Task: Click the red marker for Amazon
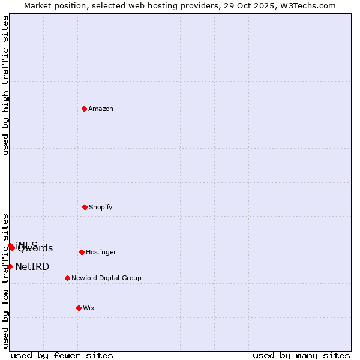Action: tap(85, 109)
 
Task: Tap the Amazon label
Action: tap(101, 109)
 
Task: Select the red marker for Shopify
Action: tap(85, 207)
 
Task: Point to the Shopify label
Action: tap(101, 208)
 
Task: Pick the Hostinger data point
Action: tap(82, 252)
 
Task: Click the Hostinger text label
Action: tap(101, 253)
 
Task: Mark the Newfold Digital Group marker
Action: tap(67, 278)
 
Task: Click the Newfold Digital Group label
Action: tap(106, 278)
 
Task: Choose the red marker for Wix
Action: tap(79, 308)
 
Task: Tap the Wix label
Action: tap(89, 308)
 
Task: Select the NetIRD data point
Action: tap(10, 266)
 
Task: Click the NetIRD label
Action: tap(32, 267)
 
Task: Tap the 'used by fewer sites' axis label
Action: tap(62, 355)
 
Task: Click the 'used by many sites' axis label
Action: tap(301, 355)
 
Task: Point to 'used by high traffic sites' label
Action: tap(5, 85)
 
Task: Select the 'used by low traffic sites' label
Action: tap(5, 280)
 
